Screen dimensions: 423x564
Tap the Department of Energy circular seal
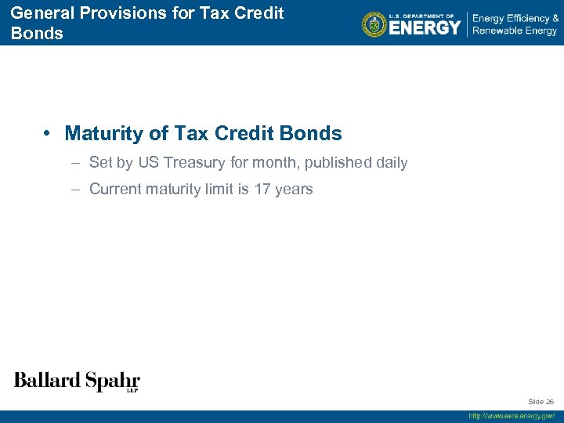point(374,24)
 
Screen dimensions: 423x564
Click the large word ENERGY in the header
point(425,28)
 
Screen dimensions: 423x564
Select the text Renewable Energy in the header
point(515,31)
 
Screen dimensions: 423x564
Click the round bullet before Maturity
point(49,133)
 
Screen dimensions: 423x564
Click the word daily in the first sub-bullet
point(392,163)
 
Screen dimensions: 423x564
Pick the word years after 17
point(295,189)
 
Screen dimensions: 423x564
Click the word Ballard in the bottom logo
point(47,381)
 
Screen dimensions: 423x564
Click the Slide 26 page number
point(540,401)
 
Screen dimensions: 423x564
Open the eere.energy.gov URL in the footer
point(512,416)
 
